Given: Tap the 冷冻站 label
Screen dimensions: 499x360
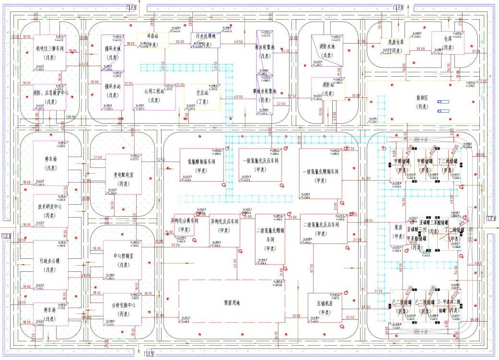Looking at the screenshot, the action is coord(152,36).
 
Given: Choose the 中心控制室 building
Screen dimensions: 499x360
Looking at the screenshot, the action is coord(123,259).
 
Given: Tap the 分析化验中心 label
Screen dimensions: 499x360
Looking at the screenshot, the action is coord(123,308).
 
